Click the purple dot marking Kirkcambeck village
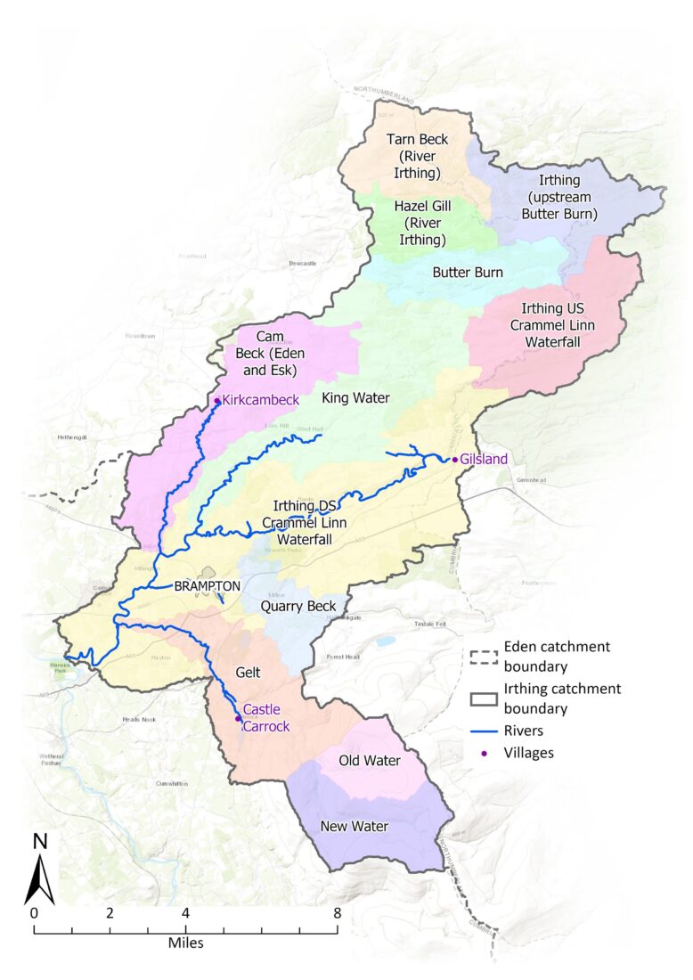216,401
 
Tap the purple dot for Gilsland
454,460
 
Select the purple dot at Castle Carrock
238,718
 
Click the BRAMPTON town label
208,586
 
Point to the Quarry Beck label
298,607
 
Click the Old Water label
370,761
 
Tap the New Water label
354,826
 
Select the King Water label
355,398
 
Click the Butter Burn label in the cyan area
468,272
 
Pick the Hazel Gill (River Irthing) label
423,223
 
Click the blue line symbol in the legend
482,730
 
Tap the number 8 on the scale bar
337,913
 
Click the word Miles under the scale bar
186,942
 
